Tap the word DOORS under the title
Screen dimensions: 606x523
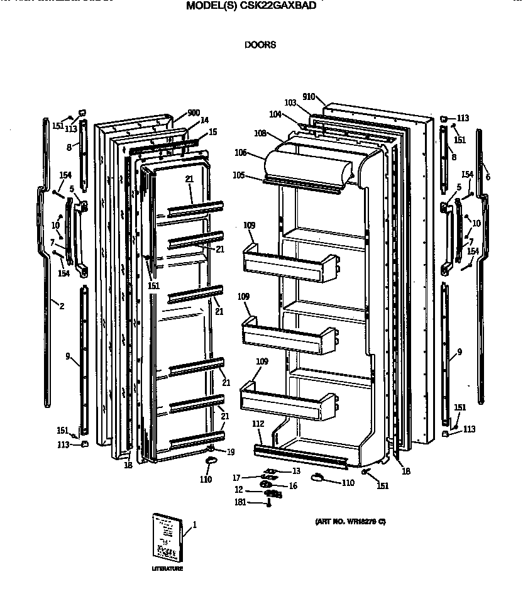pos(260,45)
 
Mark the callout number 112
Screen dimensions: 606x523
pos(258,423)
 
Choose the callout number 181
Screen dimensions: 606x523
pos(240,502)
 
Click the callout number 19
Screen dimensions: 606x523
pos(231,451)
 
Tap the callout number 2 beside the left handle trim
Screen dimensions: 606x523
pos(61,306)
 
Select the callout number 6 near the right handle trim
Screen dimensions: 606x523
pos(487,177)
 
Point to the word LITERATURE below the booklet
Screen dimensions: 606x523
pos(167,569)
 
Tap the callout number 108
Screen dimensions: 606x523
pos(260,133)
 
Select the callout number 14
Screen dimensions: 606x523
pos(204,120)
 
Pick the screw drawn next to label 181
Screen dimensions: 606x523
pos(268,502)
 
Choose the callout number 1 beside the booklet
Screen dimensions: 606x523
pos(195,524)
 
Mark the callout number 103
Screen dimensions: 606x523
pos(290,102)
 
